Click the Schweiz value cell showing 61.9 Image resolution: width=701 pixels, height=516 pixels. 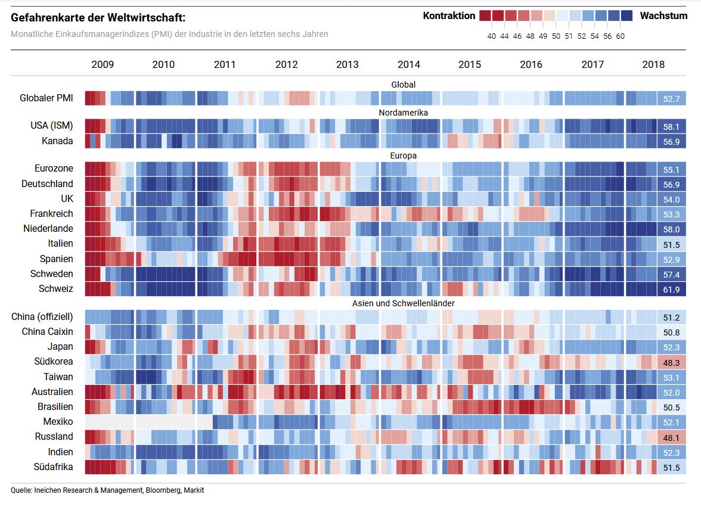[x=671, y=289]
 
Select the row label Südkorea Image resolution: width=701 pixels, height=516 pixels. [x=54, y=362]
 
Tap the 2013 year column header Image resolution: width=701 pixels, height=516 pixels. [x=348, y=64]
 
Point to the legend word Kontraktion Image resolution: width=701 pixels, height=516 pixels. [x=449, y=16]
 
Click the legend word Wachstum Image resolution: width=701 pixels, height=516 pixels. [x=663, y=16]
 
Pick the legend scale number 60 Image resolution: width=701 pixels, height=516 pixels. [x=621, y=36]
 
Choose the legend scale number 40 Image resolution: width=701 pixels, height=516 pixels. [x=492, y=36]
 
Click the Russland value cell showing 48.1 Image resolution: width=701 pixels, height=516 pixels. [x=671, y=437]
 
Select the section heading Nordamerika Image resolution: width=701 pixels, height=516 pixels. [x=404, y=112]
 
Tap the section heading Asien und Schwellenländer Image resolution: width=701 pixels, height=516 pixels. [x=404, y=303]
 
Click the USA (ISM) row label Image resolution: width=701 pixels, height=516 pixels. [x=52, y=126]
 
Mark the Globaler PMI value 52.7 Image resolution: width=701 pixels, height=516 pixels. [x=671, y=98]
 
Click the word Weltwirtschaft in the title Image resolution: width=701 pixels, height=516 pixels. [x=147, y=17]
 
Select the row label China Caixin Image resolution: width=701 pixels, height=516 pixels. [x=48, y=332]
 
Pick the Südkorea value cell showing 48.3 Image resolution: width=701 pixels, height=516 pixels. [x=671, y=362]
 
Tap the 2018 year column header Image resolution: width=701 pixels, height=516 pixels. [x=653, y=64]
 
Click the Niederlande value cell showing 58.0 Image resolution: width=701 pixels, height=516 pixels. [x=671, y=229]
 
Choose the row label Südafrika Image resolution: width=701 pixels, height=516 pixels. [x=54, y=467]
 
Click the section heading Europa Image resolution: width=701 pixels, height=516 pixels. [x=404, y=156]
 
